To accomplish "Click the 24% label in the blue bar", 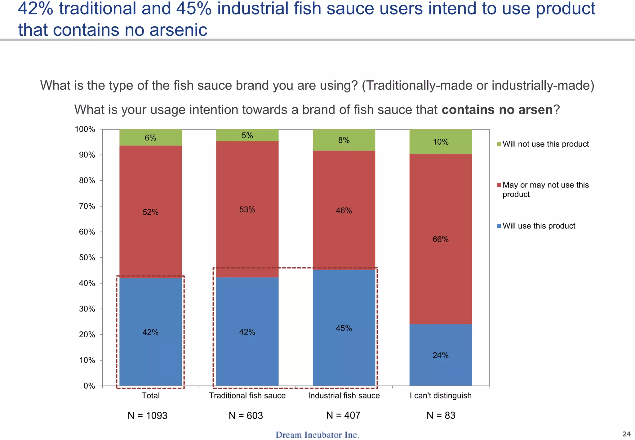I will click(441, 355).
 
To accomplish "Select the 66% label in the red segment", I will click(441, 239).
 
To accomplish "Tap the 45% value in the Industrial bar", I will click(344, 328).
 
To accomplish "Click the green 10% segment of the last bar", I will click(441, 142).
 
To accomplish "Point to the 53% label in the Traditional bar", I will click(247, 210).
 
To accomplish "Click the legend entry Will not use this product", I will click(545, 144).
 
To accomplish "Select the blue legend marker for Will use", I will click(499, 226).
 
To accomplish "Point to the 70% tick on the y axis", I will click(87, 206).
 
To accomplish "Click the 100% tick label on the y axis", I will click(85, 129).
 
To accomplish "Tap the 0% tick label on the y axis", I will click(89, 386).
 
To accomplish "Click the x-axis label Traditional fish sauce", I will click(247, 396).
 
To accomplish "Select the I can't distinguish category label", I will click(441, 396).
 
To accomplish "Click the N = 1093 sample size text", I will click(147, 415).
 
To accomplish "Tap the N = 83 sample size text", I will click(441, 415).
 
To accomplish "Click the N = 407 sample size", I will click(343, 415).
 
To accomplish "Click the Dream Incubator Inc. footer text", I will click(317, 435).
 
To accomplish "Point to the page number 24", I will click(627, 434).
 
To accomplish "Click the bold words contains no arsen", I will click(497, 110).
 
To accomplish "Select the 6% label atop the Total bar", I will click(150, 138).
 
